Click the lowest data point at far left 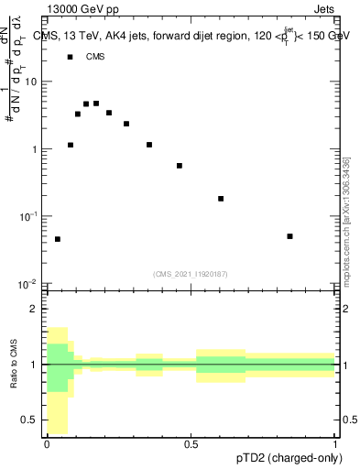click(x=58, y=239)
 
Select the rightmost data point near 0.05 click(x=289, y=236)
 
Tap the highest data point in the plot click(x=96, y=104)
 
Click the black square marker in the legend click(x=70, y=57)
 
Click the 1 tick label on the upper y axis click(x=36, y=148)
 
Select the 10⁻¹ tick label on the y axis click(x=30, y=216)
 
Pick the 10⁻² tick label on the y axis click(x=30, y=283)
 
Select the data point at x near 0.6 click(x=221, y=199)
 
